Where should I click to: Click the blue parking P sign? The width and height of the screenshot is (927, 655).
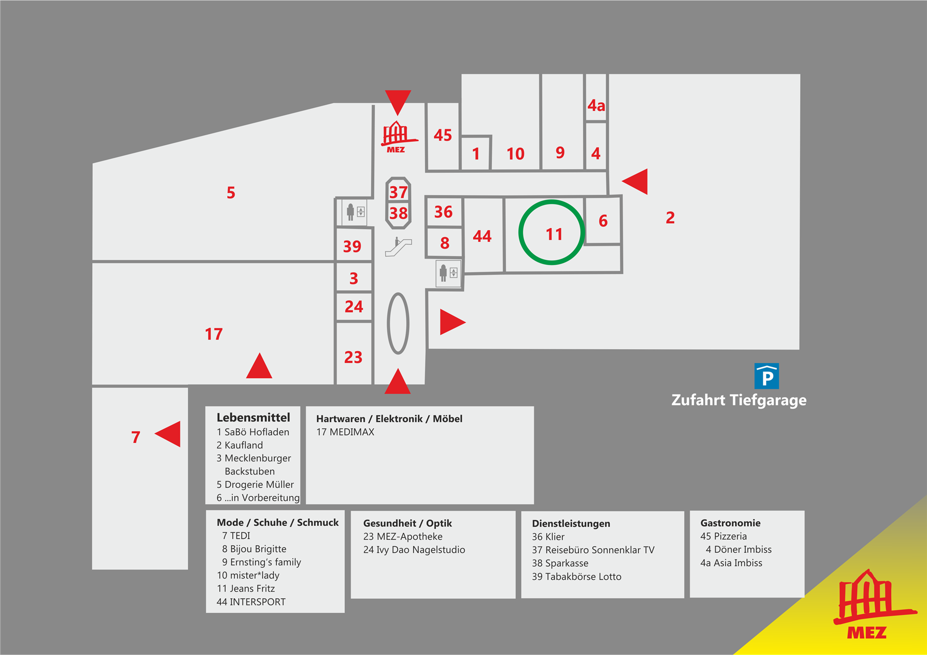[x=767, y=376]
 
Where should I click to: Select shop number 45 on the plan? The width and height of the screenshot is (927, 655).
[x=443, y=135]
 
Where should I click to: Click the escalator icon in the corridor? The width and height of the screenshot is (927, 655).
[x=398, y=246]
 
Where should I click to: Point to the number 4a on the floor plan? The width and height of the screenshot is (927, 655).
[x=596, y=105]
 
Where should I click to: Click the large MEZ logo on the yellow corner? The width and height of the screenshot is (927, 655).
[x=874, y=605]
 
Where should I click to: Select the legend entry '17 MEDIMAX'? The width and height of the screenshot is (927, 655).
[x=345, y=432]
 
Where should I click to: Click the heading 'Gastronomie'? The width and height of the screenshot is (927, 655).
[x=730, y=523]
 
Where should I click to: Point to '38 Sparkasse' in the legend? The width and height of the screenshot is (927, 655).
[x=560, y=563]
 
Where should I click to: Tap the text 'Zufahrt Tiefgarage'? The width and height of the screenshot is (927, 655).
[x=739, y=400]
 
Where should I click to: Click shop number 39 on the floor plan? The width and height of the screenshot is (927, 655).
[x=352, y=246]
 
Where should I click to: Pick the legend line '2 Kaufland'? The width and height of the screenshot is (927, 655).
[x=240, y=445]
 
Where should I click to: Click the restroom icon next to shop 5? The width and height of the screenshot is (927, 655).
[x=355, y=212]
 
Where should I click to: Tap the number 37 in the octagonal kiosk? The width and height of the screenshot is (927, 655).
[x=398, y=192]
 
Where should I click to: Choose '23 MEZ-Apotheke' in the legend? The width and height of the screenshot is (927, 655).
[x=403, y=537]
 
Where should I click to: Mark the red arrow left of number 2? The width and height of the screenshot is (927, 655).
[x=635, y=181]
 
